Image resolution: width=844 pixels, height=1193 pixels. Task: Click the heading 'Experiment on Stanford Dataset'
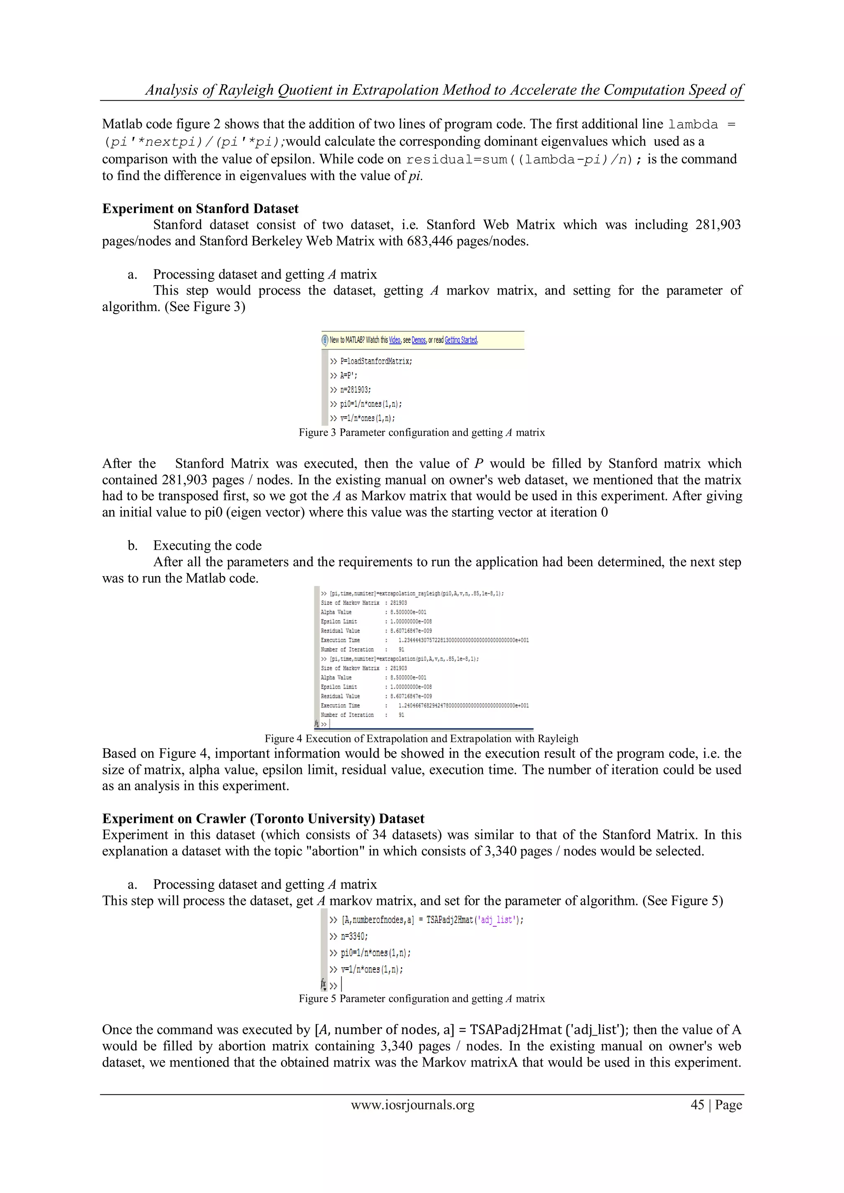200,209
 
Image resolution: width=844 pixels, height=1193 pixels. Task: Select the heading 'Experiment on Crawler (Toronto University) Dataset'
263,818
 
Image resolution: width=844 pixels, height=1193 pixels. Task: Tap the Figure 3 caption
422,432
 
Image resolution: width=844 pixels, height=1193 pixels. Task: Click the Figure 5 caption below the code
422,998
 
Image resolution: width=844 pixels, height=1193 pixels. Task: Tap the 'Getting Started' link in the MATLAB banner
461,340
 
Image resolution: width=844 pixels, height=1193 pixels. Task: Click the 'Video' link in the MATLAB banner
395,340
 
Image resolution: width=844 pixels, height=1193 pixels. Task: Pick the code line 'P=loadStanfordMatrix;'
371,361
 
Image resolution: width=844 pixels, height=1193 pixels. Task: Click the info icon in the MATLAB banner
325,340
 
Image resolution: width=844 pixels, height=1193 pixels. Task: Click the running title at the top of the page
444,90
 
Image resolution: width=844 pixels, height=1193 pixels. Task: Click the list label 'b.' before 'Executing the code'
133,546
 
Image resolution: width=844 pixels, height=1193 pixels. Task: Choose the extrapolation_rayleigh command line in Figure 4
412,593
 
